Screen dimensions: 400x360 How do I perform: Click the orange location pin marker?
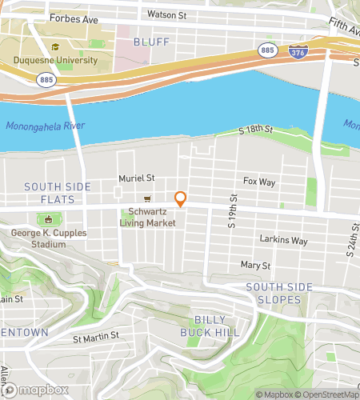181,199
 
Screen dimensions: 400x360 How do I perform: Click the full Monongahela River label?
44,126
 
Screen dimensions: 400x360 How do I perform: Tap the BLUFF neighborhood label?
151,41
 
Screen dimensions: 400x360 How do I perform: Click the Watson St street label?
166,14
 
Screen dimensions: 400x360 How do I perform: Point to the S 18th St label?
257,130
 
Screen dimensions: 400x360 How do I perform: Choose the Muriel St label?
114,179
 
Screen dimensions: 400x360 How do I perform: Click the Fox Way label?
259,182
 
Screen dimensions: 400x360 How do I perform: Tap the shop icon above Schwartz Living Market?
146,199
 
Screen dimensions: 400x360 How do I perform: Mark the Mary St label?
255,265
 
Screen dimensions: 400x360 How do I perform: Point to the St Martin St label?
96,336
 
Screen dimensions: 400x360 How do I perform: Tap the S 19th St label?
233,211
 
